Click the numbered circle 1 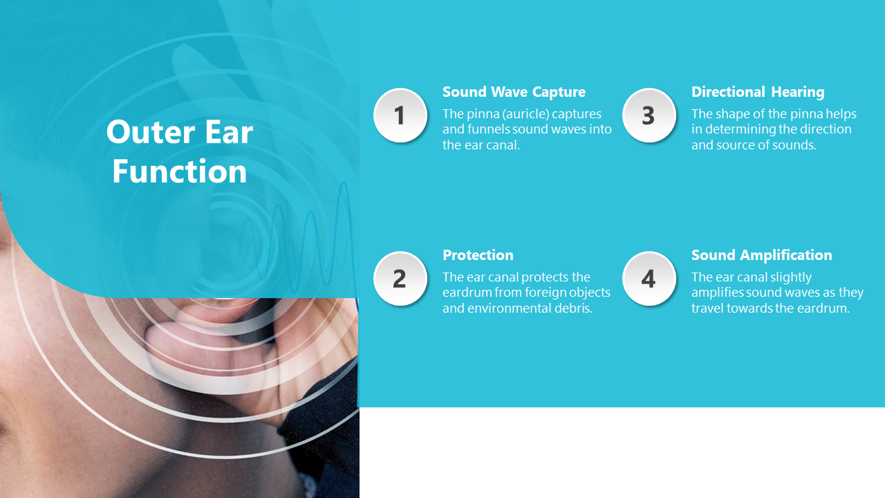point(400,115)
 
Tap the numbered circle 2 point(400,278)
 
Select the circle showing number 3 point(649,115)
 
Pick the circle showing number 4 point(649,278)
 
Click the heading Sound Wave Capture point(514,92)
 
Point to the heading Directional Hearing point(758,92)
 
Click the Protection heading point(478,255)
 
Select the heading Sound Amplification point(761,255)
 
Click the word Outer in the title point(150,132)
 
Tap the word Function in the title point(179,172)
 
